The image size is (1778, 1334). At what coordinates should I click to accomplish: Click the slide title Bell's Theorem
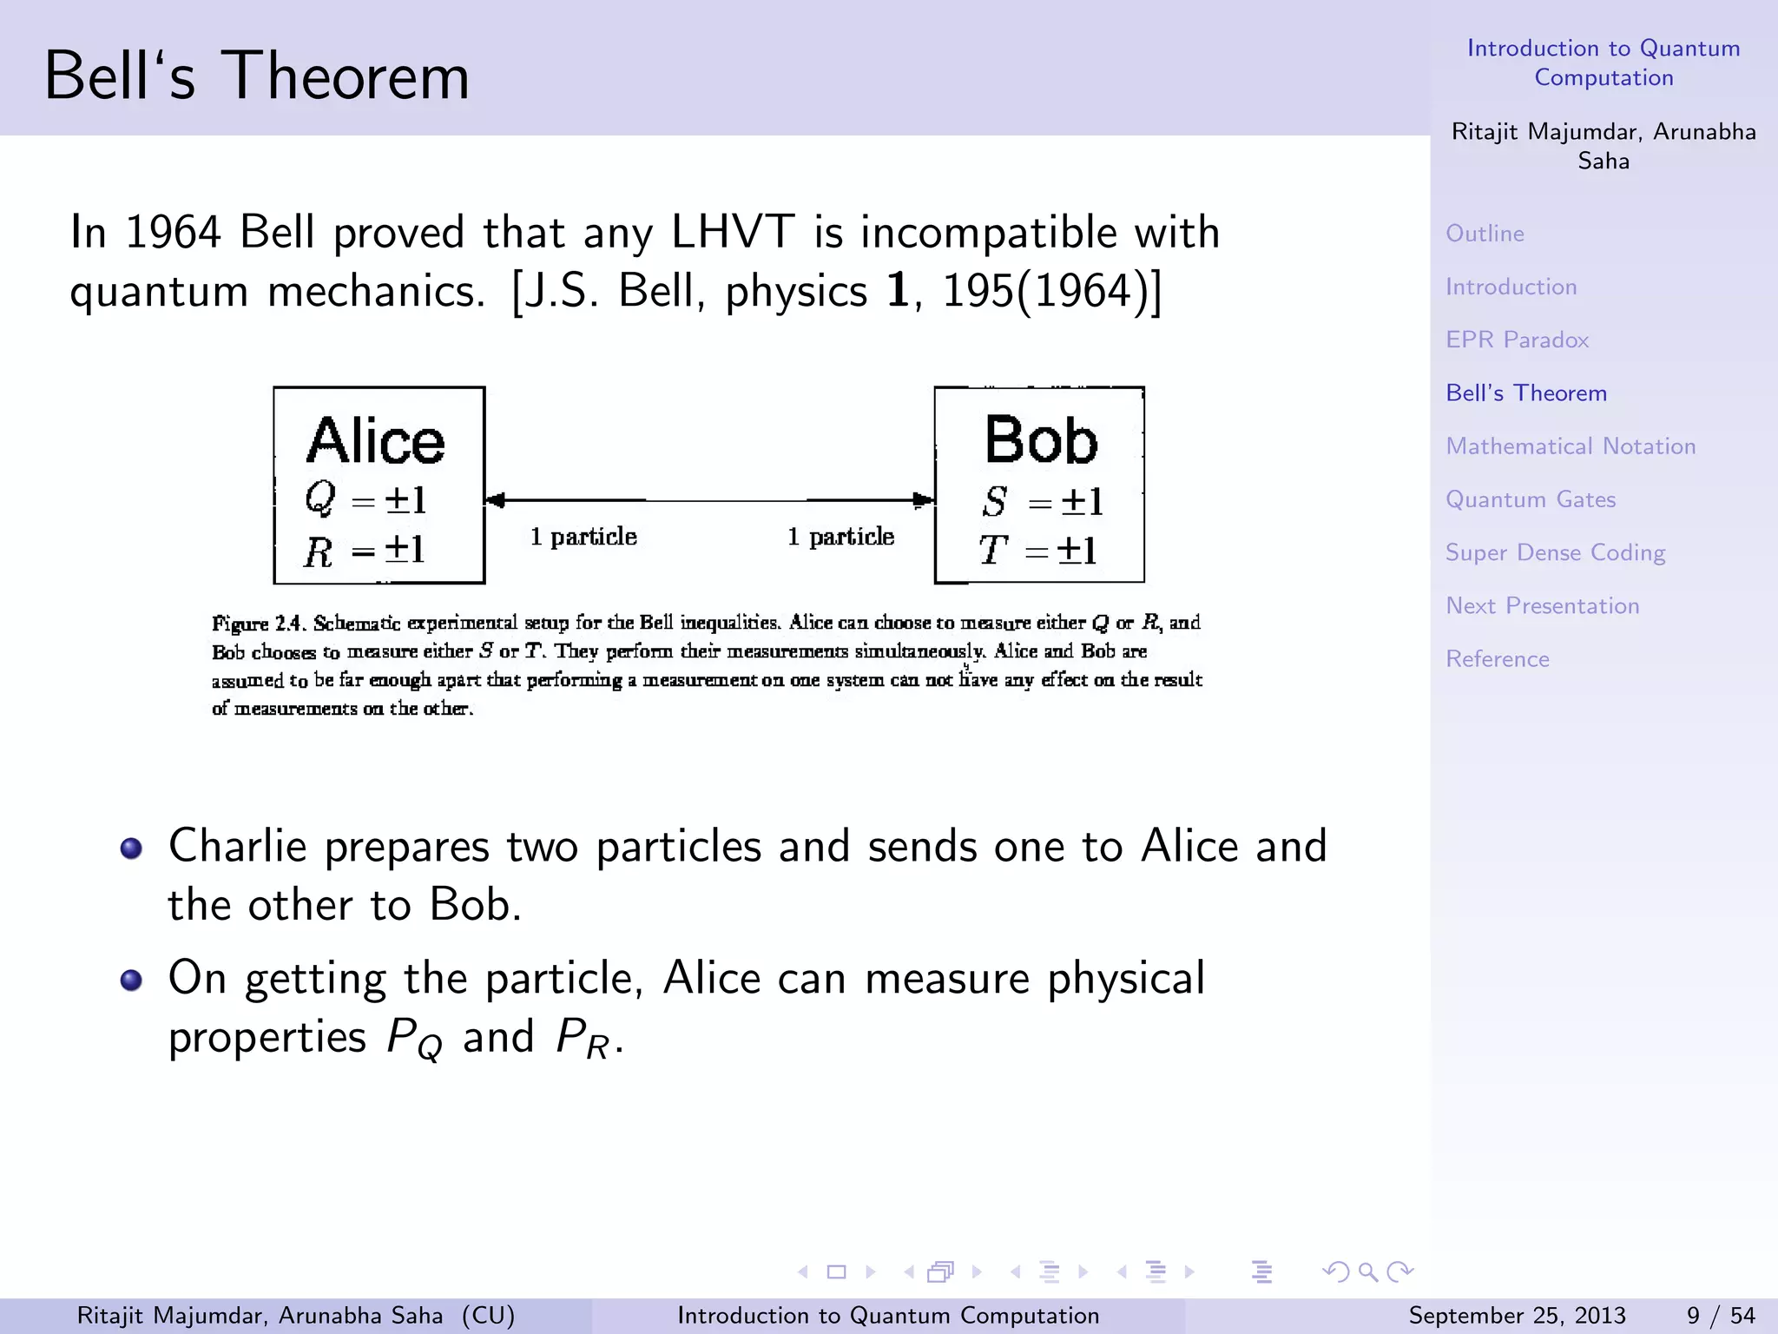(x=256, y=76)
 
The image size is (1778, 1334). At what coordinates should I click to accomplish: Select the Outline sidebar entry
(x=1485, y=234)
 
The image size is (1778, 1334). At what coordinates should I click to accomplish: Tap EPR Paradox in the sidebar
(x=1517, y=340)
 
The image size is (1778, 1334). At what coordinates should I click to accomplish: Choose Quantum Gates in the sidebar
(x=1530, y=499)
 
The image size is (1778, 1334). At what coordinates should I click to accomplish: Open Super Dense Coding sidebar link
(x=1555, y=553)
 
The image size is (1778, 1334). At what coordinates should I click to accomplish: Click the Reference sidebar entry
(x=1497, y=659)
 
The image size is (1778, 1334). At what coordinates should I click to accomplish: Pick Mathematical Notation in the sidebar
(x=1570, y=446)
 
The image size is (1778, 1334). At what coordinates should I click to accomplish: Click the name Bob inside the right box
(x=1040, y=440)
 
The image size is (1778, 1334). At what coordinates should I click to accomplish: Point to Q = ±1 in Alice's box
(x=365, y=499)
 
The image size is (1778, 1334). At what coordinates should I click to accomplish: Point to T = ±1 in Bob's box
(x=1038, y=550)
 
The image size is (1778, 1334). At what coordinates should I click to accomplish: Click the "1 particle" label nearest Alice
(x=583, y=537)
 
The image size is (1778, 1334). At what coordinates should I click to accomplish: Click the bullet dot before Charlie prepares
(x=131, y=849)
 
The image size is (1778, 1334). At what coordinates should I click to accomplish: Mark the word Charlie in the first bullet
(x=237, y=846)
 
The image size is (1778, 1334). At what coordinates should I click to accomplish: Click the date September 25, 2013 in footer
(x=1516, y=1316)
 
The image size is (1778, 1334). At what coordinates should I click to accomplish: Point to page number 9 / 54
(x=1720, y=1316)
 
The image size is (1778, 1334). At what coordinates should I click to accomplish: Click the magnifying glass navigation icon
(x=1368, y=1272)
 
